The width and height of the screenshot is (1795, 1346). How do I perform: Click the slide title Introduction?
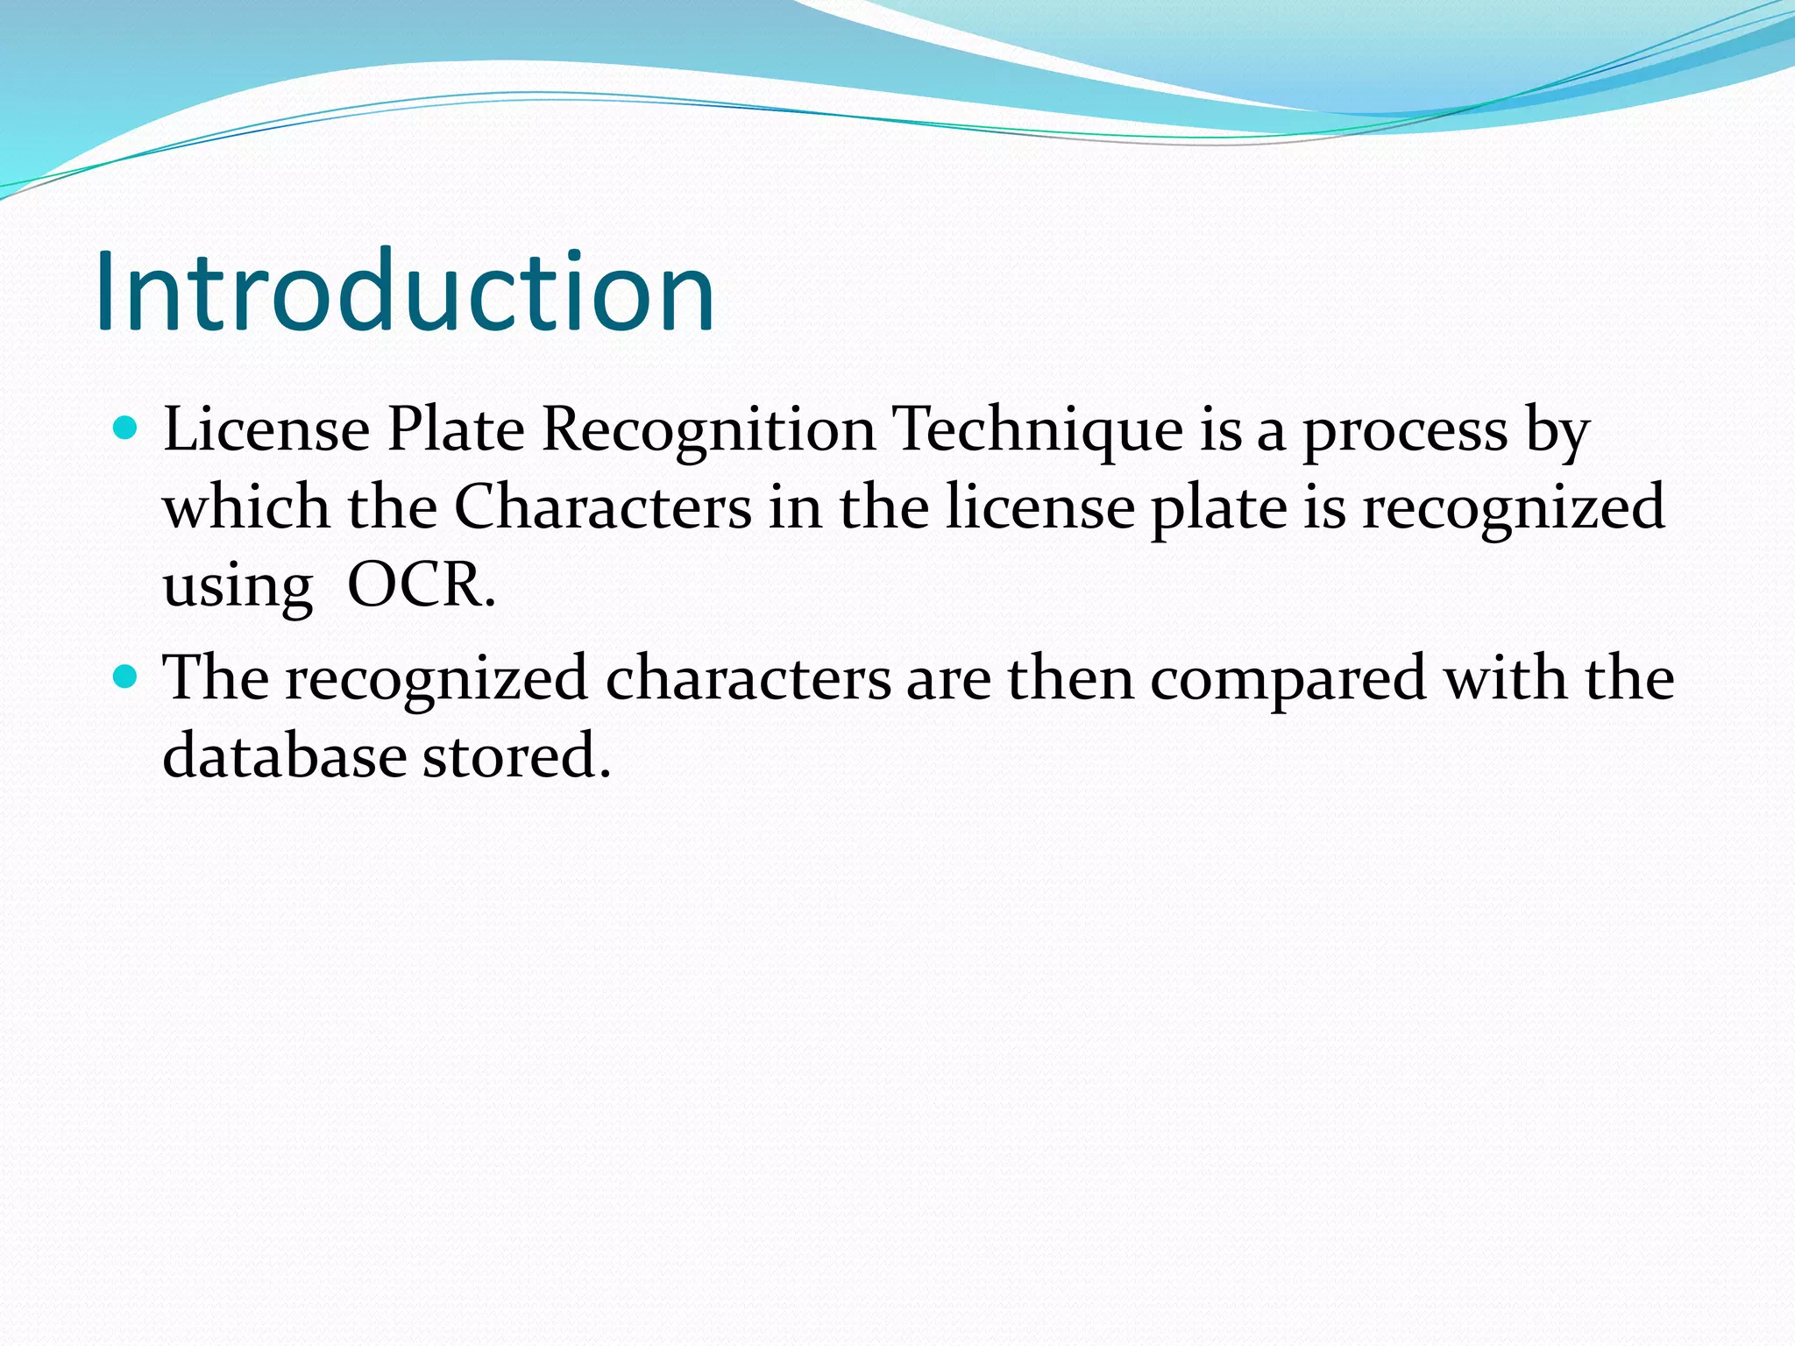coord(405,291)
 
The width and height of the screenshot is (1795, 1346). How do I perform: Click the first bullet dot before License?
coord(126,429)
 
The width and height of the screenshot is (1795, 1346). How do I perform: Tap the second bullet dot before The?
coord(126,677)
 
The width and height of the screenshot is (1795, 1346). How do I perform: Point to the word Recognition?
coord(708,431)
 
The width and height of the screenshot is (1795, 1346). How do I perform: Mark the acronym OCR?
coord(421,584)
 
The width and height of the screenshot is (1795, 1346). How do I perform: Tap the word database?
coord(284,755)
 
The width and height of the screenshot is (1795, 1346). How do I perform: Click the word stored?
coord(516,755)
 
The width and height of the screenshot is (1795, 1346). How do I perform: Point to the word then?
coord(1070,678)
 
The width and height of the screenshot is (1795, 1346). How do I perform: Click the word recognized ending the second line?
coord(1513,508)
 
